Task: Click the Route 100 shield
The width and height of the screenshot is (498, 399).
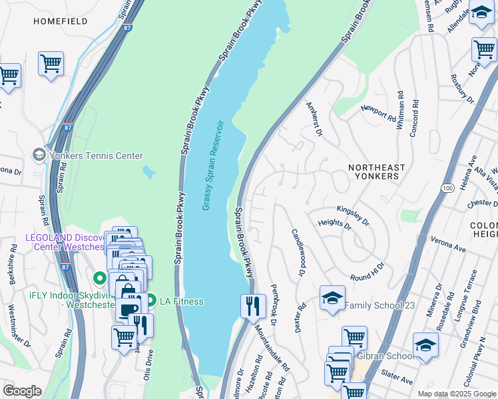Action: [448, 189]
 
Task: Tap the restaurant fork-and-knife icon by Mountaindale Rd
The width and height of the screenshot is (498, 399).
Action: [253, 307]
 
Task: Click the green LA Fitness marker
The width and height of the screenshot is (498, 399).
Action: [150, 301]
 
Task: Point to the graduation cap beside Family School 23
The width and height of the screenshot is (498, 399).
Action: [332, 299]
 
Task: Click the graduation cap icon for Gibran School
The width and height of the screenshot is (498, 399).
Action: [425, 346]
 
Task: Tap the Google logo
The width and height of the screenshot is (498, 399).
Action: [22, 391]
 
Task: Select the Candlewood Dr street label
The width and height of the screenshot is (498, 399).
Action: [297, 253]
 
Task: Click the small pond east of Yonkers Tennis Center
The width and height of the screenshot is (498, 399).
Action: [148, 172]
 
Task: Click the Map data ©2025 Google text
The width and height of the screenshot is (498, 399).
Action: [457, 393]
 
